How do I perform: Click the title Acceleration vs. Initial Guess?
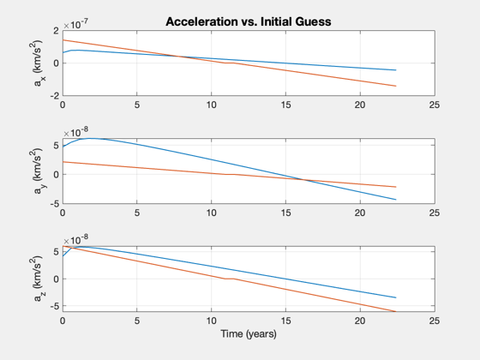point(249,21)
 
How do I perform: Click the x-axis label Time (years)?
point(249,334)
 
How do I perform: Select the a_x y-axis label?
point(38,63)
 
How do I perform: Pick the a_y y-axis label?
point(38,171)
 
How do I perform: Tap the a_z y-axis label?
point(38,279)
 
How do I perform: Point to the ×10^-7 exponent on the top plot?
point(76,25)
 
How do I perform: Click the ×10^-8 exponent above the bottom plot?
point(76,240)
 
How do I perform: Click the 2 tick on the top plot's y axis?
point(56,31)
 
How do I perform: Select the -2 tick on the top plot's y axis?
point(54,95)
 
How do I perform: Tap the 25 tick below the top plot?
point(435,105)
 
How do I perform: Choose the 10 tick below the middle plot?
point(211,213)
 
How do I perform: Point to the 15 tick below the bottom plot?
point(285,321)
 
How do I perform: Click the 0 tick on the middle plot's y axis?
point(56,175)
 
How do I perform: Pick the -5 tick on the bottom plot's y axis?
point(54,306)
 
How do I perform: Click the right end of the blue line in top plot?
point(396,70)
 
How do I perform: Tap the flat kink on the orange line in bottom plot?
point(230,279)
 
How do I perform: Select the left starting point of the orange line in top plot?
point(63,39)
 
